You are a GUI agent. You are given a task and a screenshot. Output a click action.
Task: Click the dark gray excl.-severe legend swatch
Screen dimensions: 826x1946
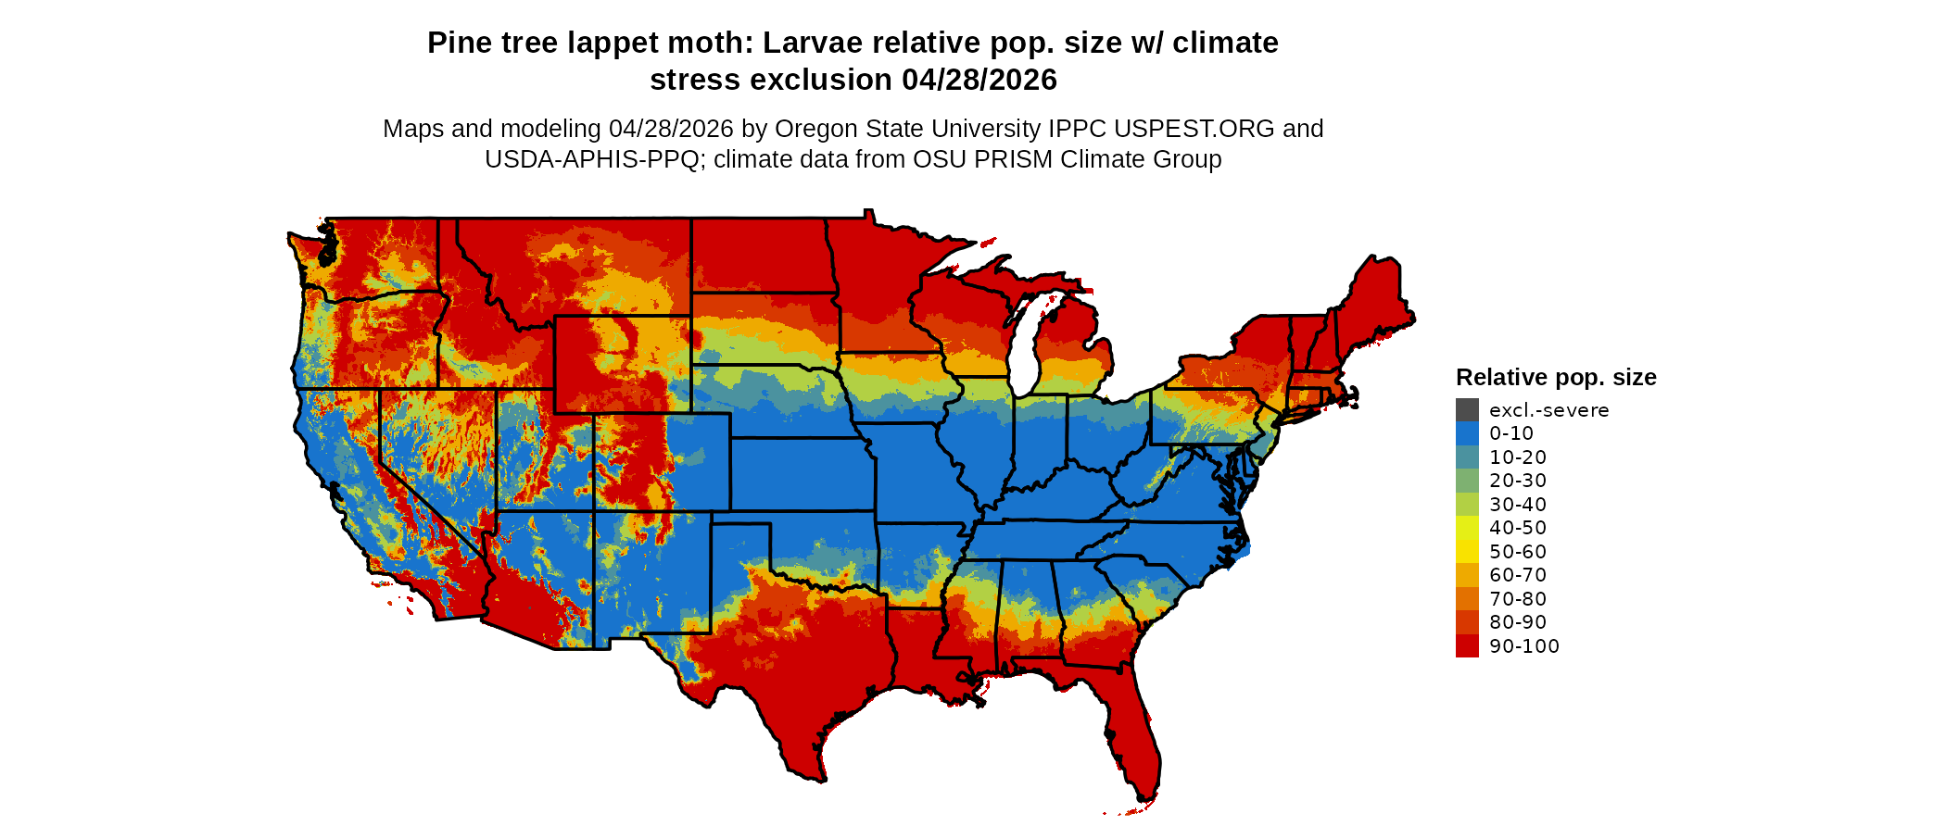pos(1467,409)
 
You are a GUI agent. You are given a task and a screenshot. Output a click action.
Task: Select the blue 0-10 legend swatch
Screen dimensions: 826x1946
pos(1467,433)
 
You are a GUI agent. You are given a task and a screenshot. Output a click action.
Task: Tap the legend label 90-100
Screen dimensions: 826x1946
pos(1524,646)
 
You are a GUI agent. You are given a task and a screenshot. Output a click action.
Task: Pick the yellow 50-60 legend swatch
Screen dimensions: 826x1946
pos(1467,551)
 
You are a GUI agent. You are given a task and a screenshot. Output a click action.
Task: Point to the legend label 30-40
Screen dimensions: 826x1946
pos(1518,505)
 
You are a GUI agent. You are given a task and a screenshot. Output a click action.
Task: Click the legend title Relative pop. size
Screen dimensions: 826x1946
pos(1556,377)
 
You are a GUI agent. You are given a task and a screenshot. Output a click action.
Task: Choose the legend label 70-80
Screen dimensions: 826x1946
pos(1518,599)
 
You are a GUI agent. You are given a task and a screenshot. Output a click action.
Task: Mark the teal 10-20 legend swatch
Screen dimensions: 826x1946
pos(1467,457)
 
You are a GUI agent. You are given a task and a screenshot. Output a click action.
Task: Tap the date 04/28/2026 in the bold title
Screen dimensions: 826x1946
pos(979,81)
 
